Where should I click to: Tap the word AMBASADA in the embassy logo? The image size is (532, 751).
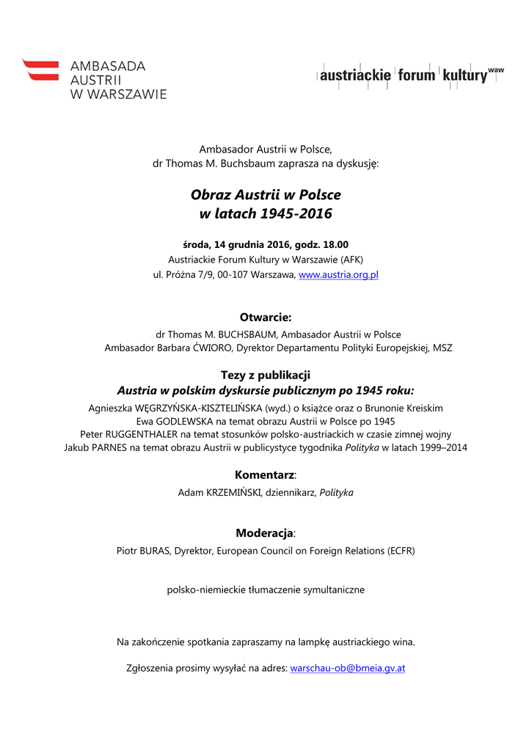coord(108,66)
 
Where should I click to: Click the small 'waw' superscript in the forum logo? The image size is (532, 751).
coord(496,69)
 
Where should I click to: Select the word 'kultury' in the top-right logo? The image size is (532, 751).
coord(464,76)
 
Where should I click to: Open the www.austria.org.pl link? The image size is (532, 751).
coord(338,275)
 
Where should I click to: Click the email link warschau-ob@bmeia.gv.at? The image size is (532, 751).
coord(348,668)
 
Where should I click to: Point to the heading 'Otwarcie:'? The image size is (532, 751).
coord(266,318)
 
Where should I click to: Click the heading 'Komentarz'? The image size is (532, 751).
coord(264,475)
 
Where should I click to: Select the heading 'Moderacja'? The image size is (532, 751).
coord(264,532)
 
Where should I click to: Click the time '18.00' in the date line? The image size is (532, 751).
coord(334,244)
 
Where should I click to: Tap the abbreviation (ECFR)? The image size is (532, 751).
coord(401,551)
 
